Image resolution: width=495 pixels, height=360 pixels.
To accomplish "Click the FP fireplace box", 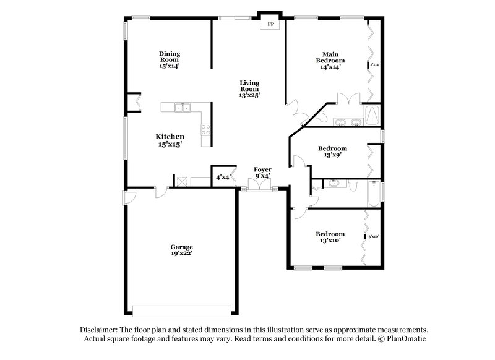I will [270, 24].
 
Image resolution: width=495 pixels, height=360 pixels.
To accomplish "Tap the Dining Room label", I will [169, 59].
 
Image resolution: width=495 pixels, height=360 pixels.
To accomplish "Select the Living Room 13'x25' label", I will [250, 88].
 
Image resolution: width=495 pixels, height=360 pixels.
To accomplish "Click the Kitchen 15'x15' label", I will [170, 140].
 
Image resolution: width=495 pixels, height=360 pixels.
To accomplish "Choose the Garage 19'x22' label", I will [182, 250].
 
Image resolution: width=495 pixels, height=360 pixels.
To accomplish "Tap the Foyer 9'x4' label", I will [263, 173].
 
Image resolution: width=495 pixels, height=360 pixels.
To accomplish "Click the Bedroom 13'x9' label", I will [332, 152].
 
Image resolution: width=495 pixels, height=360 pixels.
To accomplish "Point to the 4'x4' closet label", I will [223, 178].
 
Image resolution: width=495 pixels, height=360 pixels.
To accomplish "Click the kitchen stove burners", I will [205, 129].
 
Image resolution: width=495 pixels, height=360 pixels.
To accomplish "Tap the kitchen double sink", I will [182, 108].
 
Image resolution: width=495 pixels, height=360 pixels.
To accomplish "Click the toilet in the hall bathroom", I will [353, 184].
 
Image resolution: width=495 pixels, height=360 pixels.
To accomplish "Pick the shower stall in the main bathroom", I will [372, 116].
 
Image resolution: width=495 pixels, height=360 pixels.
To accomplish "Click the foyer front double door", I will [258, 187].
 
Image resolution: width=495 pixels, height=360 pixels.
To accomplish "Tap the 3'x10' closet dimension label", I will [373, 236].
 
